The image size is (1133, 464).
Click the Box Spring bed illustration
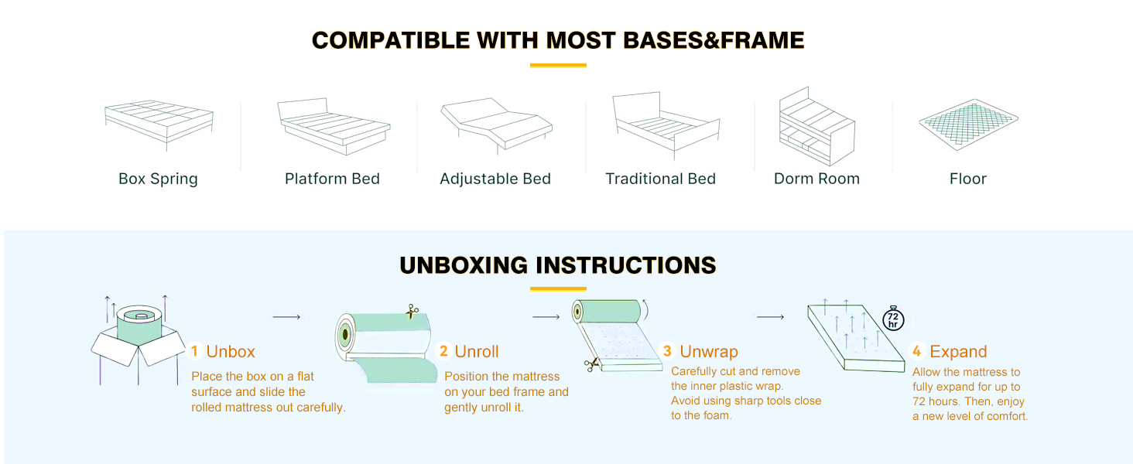(x=159, y=125)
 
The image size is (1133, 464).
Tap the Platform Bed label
(x=332, y=179)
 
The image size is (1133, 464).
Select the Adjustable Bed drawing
(x=496, y=125)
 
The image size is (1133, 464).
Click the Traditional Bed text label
(x=660, y=179)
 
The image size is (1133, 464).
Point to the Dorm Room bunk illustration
(x=816, y=126)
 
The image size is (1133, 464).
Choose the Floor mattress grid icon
(x=968, y=125)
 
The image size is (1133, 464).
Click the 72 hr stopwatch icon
(x=893, y=319)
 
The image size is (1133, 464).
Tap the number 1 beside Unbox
(x=194, y=351)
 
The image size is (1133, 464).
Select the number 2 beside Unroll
(x=443, y=351)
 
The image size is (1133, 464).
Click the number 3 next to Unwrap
(x=667, y=351)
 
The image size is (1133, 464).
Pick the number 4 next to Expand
(x=916, y=351)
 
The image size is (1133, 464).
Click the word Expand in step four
(x=958, y=351)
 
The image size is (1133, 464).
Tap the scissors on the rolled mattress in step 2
(x=412, y=312)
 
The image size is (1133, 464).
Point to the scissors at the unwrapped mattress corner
(x=590, y=364)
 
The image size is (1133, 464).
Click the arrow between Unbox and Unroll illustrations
(x=286, y=317)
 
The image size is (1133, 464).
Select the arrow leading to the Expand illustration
(x=770, y=317)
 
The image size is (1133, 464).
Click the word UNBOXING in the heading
(x=464, y=265)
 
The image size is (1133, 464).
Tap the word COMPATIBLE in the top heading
(x=391, y=40)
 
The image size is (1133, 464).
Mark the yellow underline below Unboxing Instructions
(x=558, y=289)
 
